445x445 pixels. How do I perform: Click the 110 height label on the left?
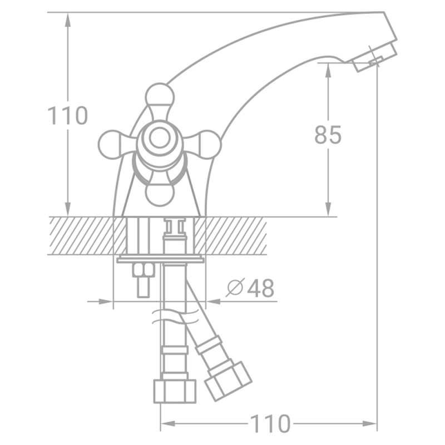(x=67, y=116)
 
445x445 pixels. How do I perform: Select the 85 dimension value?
(x=328, y=135)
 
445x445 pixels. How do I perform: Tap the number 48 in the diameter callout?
(x=260, y=288)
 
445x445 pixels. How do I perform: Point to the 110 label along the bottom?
(x=270, y=424)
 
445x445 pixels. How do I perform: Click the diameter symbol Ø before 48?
(x=235, y=288)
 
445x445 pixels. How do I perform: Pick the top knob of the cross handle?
(x=160, y=96)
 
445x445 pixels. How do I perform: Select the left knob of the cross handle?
(x=111, y=144)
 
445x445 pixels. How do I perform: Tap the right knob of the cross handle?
(x=208, y=144)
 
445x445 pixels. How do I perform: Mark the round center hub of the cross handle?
(x=160, y=139)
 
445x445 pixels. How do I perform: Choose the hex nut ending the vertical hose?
(x=175, y=390)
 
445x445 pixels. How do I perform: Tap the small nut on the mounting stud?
(x=144, y=270)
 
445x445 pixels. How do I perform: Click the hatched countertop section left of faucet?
(x=81, y=235)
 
